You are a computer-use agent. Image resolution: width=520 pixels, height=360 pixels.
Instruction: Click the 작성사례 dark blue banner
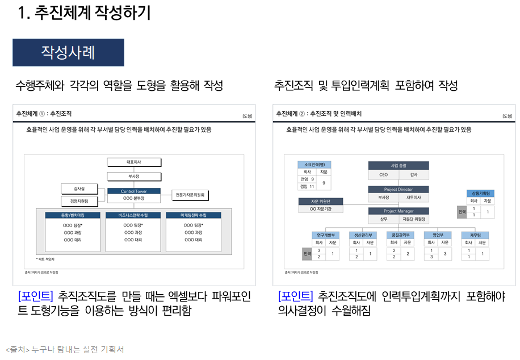pyautogui.click(x=68, y=53)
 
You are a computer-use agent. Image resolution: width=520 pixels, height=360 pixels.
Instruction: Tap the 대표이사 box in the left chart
pyautogui.click(x=134, y=162)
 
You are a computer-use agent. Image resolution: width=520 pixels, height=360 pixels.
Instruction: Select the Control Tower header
pyautogui.click(x=134, y=191)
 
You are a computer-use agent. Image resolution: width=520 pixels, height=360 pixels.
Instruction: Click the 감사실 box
pyautogui.click(x=79, y=188)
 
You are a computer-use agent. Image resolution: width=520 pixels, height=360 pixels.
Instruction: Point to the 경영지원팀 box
pyautogui.click(x=79, y=201)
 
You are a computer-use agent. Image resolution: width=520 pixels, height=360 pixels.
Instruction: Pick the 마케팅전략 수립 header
pyautogui.click(x=193, y=215)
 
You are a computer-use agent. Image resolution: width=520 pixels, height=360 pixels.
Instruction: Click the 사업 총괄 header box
pyautogui.click(x=399, y=166)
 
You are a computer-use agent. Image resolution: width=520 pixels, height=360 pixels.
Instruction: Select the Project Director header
pyautogui.click(x=399, y=189)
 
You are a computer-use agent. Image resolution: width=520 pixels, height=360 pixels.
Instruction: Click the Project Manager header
pyautogui.click(x=399, y=211)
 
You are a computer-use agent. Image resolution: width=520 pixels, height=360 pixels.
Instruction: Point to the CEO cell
pyautogui.click(x=384, y=175)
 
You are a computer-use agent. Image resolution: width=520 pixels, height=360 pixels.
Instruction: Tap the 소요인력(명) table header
pyautogui.click(x=314, y=164)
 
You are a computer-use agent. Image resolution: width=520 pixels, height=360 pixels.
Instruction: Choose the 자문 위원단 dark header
pyautogui.click(x=321, y=201)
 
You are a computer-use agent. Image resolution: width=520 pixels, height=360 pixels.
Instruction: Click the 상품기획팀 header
pyautogui.click(x=480, y=193)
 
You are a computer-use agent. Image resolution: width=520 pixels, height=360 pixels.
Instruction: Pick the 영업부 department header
pyautogui.click(x=438, y=235)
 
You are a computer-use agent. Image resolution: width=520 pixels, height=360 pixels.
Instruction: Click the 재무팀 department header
pyautogui.click(x=475, y=235)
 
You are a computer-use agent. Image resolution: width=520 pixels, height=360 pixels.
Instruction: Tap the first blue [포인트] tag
pyautogui.click(x=35, y=296)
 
